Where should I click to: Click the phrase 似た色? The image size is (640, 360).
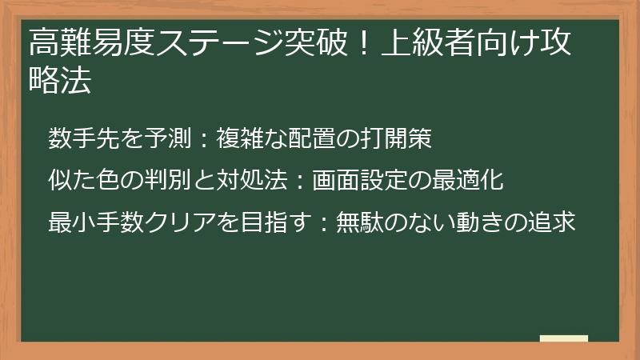coord(84,180)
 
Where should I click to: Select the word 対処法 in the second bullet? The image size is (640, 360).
coord(251,180)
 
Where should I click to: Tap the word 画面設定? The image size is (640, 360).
coord(360,180)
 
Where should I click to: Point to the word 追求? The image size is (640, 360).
coord(551,222)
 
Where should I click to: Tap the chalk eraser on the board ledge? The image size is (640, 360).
coord(563,338)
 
